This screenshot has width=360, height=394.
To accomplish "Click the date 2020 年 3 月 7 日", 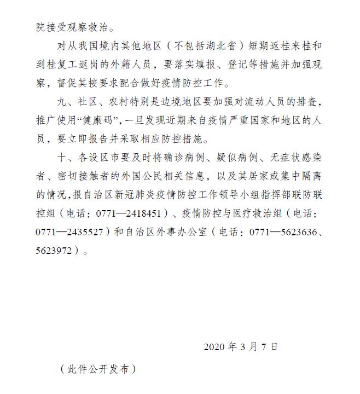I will click(241, 346).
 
